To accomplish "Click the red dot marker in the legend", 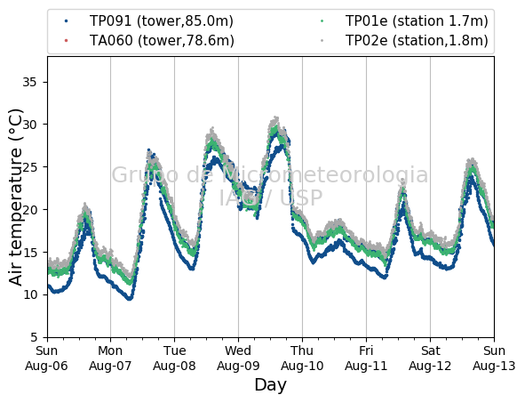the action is (66, 41).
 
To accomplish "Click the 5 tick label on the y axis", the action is (34, 337).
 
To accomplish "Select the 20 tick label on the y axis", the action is (29, 210).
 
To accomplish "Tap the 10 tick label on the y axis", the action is (29, 294).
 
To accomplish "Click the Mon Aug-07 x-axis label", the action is (110, 358).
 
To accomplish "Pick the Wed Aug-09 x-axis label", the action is (238, 358).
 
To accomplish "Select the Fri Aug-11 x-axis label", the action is (366, 358).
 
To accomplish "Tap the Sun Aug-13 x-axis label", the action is (494, 358).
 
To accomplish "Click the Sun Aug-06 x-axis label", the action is (46, 358).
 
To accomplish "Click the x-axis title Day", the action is (271, 385).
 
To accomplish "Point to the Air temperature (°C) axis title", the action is (15, 197).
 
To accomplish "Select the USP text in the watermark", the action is (301, 197).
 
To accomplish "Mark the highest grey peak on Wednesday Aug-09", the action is (276, 117).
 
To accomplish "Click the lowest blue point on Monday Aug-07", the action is (130, 298).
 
